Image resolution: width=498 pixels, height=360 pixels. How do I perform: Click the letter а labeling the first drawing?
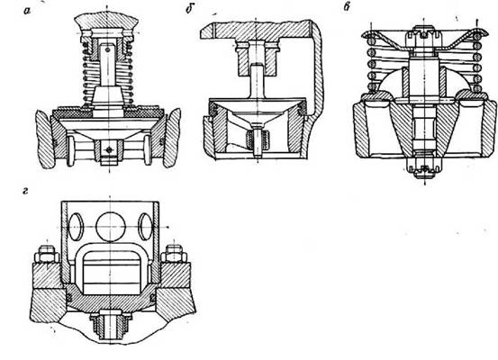click(27, 12)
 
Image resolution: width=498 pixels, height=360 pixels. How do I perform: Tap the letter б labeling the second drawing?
click(190, 9)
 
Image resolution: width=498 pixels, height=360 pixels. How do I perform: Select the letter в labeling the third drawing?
click(347, 6)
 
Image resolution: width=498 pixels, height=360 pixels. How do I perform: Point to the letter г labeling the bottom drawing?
click(26, 192)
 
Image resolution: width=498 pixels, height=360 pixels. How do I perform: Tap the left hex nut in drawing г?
click(47, 254)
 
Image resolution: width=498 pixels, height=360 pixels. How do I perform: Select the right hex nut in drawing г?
click(174, 254)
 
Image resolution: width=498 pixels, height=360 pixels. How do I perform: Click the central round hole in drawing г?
click(111, 227)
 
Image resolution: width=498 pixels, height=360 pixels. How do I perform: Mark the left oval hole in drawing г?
click(76, 227)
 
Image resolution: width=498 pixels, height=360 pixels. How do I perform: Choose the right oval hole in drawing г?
click(146, 227)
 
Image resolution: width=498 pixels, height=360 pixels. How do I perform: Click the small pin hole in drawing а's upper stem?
click(108, 49)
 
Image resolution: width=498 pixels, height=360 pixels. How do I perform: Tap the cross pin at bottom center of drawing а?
click(109, 149)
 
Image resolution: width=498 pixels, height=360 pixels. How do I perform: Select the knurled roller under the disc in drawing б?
click(258, 139)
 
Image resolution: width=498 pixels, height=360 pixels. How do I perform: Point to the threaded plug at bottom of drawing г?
click(110, 325)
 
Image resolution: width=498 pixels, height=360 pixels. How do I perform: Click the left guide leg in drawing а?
click(70, 150)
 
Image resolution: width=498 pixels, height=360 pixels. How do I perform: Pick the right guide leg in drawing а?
click(148, 150)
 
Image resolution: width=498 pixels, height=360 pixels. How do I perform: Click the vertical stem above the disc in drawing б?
click(257, 81)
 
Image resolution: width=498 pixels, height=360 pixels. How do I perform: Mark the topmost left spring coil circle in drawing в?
click(370, 40)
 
